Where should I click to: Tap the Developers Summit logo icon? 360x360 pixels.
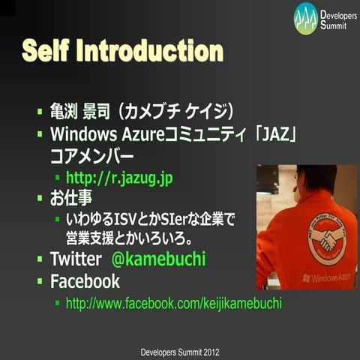[x=305, y=18]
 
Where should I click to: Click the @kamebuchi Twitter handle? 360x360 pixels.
[x=158, y=260]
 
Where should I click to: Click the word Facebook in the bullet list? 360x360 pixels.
[x=85, y=282]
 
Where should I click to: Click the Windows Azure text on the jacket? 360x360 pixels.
[x=328, y=278]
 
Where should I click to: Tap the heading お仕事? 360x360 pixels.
[x=72, y=199]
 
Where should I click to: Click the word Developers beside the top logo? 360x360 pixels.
[x=338, y=14]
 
